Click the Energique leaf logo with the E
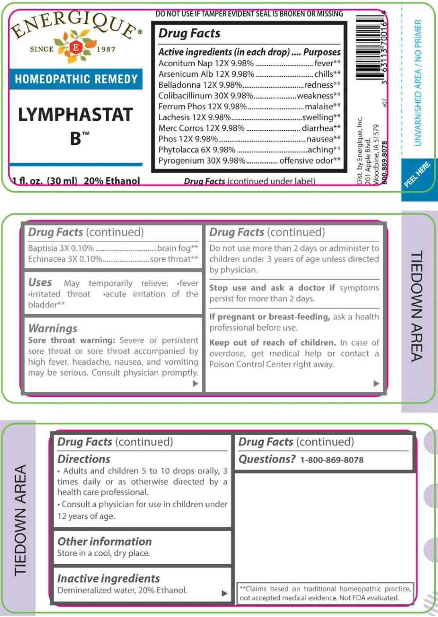(76, 47)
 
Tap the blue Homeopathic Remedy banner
(76, 79)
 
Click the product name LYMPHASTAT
(76, 115)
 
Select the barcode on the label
(371, 51)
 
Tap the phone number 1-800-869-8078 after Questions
(331, 460)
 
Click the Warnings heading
(53, 328)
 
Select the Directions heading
(84, 459)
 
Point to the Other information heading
(104, 541)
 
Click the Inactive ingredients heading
(108, 578)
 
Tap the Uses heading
(40, 282)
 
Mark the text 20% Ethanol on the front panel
(112, 181)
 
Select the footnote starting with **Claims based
(325, 593)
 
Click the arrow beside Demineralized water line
(225, 593)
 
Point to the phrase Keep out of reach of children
(272, 343)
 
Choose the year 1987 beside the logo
(106, 49)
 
